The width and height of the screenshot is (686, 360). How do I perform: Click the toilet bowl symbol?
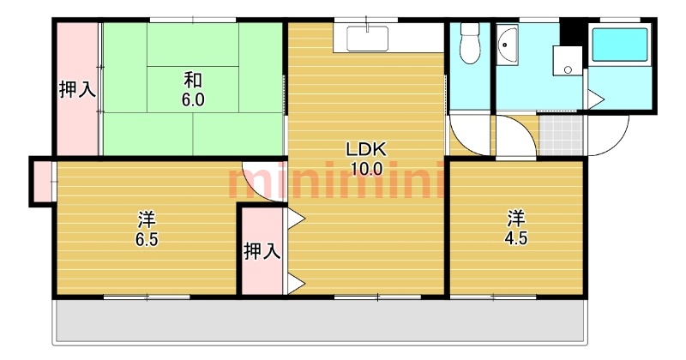tap(470, 44)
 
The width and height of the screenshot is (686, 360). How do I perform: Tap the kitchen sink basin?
tap(368, 39)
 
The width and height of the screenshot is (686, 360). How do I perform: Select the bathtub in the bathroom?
tap(619, 45)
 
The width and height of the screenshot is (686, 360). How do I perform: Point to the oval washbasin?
tap(507, 45)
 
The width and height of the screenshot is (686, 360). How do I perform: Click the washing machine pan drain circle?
tap(568, 69)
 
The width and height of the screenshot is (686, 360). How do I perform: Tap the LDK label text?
tap(366, 150)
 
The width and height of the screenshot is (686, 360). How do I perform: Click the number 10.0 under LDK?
tap(367, 168)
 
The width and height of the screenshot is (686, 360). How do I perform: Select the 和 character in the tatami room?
tap(193, 81)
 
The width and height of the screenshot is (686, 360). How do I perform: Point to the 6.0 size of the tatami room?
tap(193, 100)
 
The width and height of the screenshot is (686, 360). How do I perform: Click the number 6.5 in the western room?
tap(146, 239)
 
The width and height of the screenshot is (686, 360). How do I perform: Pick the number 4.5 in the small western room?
tap(516, 238)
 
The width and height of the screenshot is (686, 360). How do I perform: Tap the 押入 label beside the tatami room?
tap(77, 90)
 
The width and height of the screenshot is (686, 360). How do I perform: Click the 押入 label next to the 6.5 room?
tap(262, 251)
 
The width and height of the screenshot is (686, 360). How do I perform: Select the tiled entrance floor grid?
tap(562, 135)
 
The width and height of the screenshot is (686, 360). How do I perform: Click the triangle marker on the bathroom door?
tap(595, 99)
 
